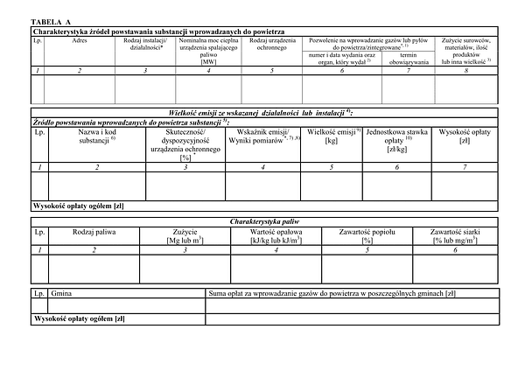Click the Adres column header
pos(79,41)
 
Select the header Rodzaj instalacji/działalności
pos(145,45)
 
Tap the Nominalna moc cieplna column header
pos(208,51)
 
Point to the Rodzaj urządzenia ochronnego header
pos(271,45)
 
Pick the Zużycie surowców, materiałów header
pos(466,51)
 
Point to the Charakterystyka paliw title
pos(262,222)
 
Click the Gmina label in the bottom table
pos(64,294)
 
